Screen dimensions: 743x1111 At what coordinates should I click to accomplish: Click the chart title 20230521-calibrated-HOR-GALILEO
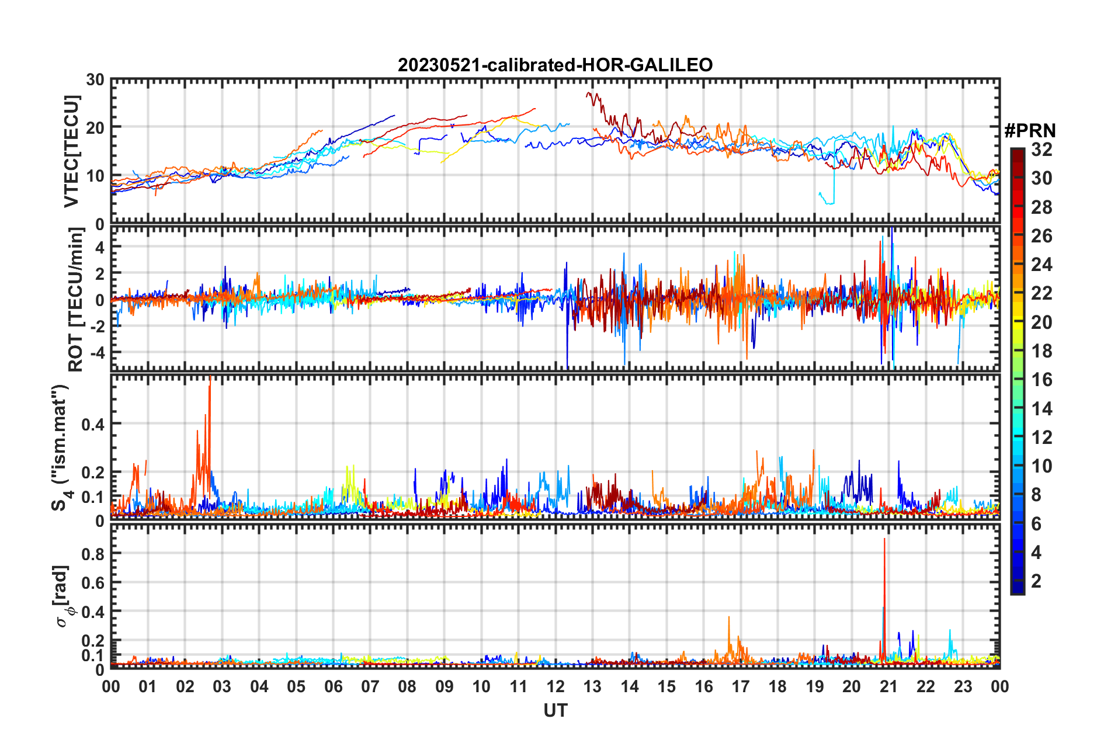tap(555, 65)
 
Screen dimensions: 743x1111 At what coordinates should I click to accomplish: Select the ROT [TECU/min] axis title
tap(75, 300)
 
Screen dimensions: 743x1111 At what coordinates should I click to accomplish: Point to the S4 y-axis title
tap(61, 448)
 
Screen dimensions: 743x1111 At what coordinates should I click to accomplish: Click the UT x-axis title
tap(555, 711)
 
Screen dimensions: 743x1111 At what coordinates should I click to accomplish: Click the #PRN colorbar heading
tap(1029, 131)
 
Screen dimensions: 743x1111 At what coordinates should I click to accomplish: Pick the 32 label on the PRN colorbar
tap(1041, 150)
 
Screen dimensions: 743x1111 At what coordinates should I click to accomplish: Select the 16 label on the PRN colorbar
tap(1041, 380)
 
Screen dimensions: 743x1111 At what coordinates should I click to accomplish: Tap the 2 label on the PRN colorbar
tap(1036, 581)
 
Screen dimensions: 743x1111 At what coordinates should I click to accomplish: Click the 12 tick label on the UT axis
tap(555, 687)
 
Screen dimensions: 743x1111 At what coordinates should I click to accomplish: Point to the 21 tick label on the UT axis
tap(888, 687)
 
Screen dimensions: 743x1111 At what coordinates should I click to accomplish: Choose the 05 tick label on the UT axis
tap(296, 687)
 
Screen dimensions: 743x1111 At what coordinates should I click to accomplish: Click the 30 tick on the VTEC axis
tap(95, 80)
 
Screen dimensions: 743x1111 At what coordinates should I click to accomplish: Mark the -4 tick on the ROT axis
tap(96, 353)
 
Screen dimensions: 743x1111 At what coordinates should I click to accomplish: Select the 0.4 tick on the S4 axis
tap(93, 424)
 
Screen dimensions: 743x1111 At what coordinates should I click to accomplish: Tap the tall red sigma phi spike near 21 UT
tap(884, 540)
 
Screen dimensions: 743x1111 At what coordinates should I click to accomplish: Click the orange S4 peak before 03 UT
tap(210, 380)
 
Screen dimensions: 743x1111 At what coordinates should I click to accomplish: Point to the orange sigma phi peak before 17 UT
tap(729, 618)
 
